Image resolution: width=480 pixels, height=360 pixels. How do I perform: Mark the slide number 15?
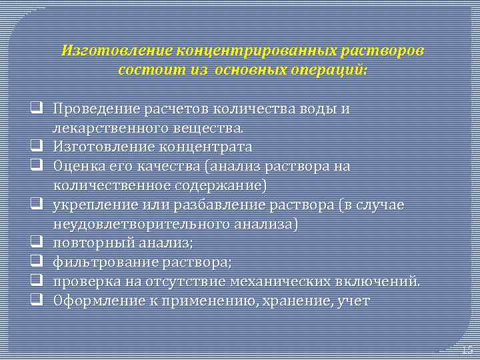click(467, 349)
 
